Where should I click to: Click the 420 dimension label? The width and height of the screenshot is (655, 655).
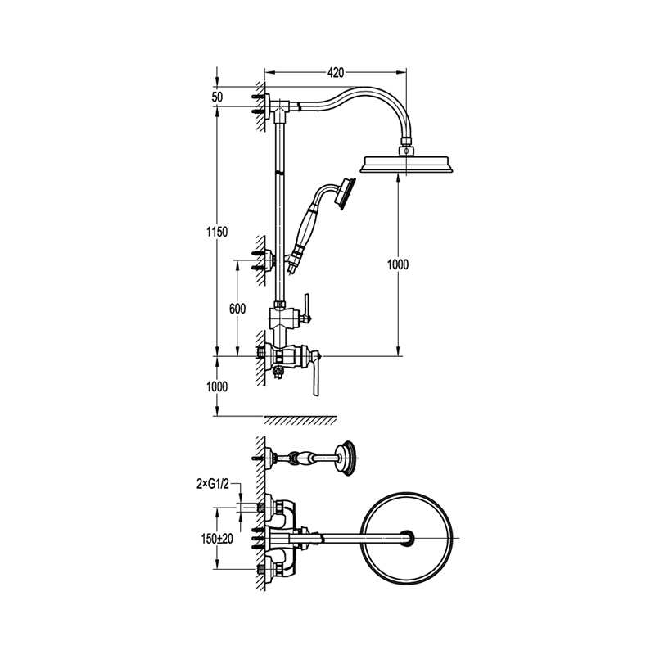[x=335, y=73]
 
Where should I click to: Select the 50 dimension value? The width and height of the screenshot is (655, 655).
[x=217, y=97]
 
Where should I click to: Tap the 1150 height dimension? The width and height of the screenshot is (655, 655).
[x=217, y=232]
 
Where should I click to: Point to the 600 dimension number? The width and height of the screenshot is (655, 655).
[x=237, y=309]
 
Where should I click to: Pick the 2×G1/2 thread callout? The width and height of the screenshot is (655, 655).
[x=213, y=484]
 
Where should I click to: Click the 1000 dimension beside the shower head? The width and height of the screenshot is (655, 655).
[x=398, y=264]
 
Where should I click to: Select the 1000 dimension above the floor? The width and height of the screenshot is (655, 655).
[x=217, y=386]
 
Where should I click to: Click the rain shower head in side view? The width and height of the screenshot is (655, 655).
[x=406, y=164]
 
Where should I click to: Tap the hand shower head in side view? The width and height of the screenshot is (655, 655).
[x=346, y=194]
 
